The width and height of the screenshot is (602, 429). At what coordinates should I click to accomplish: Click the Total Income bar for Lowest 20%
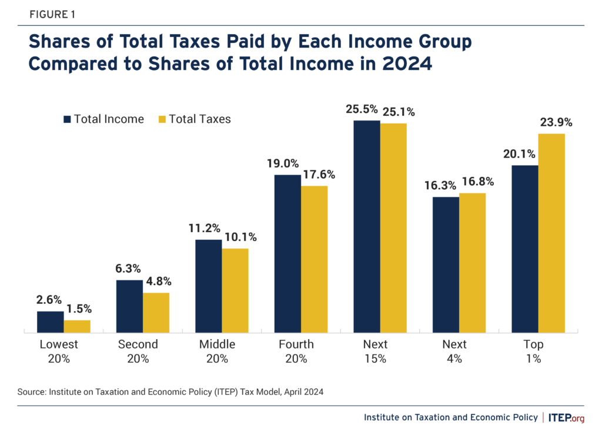coord(50,322)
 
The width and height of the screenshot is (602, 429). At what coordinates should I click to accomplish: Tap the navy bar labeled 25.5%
coord(366,227)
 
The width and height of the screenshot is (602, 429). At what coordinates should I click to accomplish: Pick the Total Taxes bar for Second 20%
coord(156,313)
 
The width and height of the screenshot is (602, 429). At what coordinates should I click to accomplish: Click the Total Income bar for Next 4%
coord(446,265)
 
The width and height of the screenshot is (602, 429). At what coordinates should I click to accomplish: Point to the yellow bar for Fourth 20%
coord(314,259)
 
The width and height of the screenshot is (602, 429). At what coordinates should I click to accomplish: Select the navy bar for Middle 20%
coord(208,286)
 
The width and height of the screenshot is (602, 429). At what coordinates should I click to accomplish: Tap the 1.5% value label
coord(77,309)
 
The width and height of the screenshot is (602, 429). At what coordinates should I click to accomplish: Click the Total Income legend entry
coord(103,119)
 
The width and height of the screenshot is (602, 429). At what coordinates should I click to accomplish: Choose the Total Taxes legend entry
coord(195,119)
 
